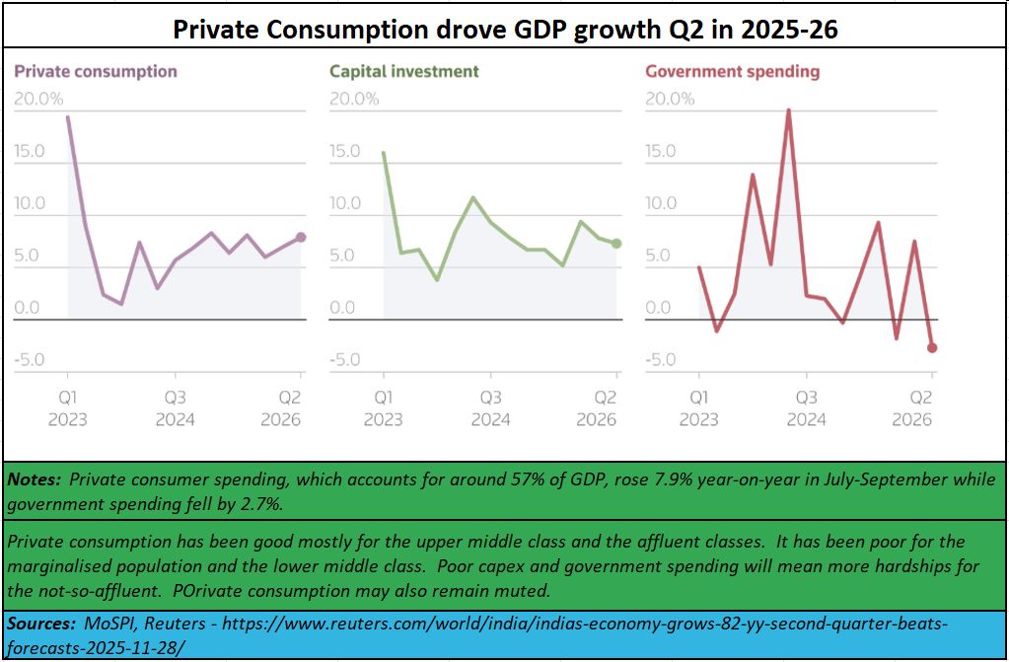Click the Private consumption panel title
point(96,71)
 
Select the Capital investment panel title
point(404,71)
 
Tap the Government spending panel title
point(732,71)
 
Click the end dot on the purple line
point(301,237)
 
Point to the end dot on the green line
point(616,243)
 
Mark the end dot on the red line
point(932,347)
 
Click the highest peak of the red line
point(788,110)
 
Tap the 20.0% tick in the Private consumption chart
point(39,99)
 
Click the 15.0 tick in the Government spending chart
point(661,151)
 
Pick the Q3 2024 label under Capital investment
point(490,408)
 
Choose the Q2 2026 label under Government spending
point(912,408)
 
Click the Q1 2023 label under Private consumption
point(67,408)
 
